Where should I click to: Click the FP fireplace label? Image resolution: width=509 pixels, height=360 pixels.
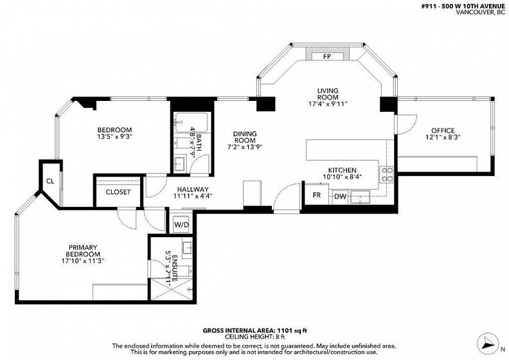click(327, 56)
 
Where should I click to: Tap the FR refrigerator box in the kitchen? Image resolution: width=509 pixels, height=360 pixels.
click(316, 195)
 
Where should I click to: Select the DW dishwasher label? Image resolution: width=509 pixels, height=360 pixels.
click(340, 196)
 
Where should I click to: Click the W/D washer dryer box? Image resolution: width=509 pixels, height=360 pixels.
click(181, 224)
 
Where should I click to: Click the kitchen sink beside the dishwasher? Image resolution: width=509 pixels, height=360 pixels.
click(359, 197)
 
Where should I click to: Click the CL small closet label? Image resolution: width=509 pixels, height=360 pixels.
click(50, 181)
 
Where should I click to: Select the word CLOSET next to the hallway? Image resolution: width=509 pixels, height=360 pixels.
click(118, 192)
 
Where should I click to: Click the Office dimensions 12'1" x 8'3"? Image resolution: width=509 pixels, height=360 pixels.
click(443, 138)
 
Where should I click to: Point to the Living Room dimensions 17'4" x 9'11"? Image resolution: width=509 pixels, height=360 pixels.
click(328, 104)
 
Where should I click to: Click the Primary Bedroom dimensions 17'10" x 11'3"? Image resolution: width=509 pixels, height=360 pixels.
click(83, 260)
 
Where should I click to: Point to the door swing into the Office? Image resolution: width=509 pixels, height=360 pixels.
click(406, 124)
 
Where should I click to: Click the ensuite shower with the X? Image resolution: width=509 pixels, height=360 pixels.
click(172, 289)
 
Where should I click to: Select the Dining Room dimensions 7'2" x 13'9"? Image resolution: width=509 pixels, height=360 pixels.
click(245, 147)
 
